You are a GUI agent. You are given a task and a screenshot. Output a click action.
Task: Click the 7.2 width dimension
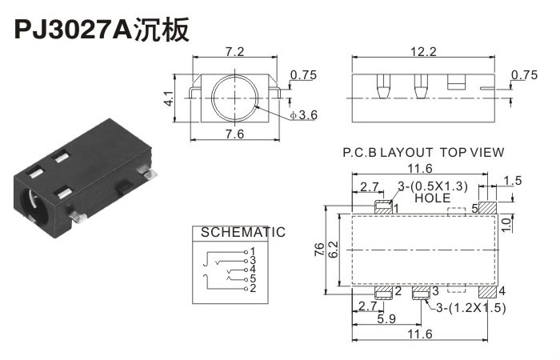[234, 52]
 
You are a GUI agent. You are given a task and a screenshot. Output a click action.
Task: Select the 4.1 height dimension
[169, 99]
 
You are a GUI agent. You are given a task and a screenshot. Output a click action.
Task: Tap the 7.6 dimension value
[234, 133]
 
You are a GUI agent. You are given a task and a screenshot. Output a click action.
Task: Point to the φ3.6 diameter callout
[304, 115]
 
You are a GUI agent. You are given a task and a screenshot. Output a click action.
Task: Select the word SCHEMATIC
[242, 233]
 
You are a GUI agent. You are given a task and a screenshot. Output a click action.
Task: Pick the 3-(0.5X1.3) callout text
[432, 186]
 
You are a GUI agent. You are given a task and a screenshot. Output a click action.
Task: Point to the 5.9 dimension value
[387, 318]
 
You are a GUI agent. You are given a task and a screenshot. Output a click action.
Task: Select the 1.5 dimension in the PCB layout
[514, 182]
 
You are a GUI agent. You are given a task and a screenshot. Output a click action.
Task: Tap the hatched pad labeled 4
[488, 290]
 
